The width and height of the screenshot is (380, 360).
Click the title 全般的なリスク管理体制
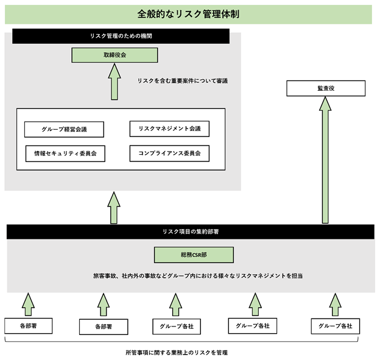pos(188,14)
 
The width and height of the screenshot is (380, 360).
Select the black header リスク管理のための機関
pos(121,36)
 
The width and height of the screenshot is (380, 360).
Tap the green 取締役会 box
pos(114,55)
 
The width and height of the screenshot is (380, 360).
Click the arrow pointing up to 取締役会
pos(114,82)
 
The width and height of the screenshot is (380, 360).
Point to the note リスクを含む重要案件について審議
pos(183,81)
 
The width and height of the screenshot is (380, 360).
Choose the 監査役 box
pos(326,88)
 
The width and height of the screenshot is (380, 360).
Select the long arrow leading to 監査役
pos(325,160)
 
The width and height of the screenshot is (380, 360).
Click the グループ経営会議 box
pos(64,129)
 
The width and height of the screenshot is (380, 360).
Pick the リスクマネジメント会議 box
pos(169,129)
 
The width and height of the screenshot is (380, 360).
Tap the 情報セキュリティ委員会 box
pos(65,154)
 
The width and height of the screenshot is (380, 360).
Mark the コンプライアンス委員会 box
pos(169,154)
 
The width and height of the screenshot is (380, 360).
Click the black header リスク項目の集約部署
pos(191,231)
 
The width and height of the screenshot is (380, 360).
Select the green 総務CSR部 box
pos(194,255)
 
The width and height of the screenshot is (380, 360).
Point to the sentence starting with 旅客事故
pos(198,276)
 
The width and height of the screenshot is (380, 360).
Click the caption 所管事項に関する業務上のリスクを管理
pos(177,353)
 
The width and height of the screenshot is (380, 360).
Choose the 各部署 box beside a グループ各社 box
pos(104,326)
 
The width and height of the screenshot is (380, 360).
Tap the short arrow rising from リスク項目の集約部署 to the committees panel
pos(114,208)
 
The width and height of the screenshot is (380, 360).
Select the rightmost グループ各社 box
pos(336,326)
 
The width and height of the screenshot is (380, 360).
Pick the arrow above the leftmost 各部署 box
pos(29,304)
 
